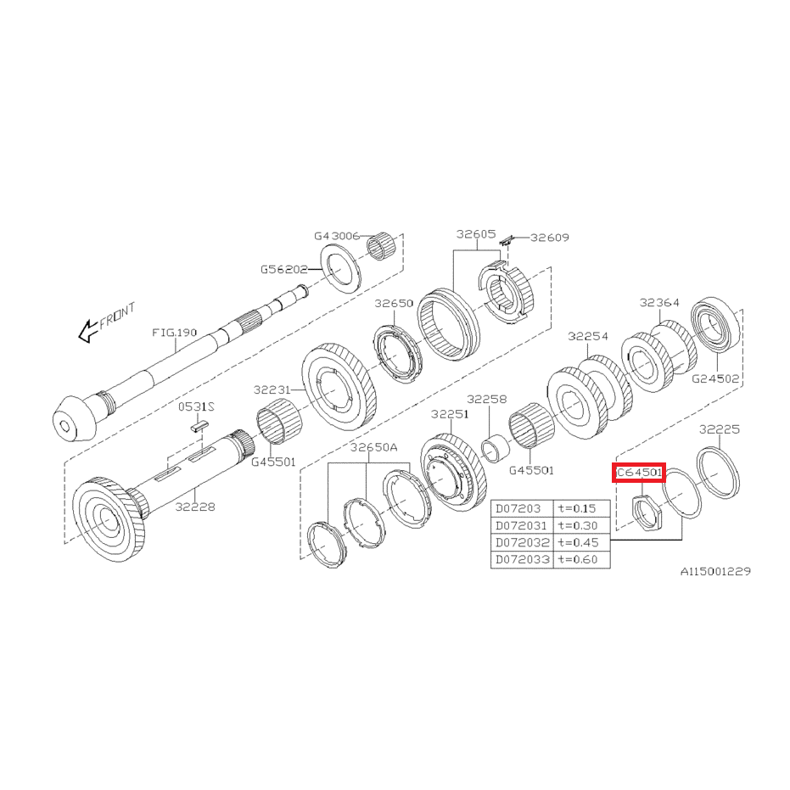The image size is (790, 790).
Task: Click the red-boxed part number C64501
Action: click(x=639, y=473)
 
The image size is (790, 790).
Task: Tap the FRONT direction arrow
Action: click(x=87, y=331)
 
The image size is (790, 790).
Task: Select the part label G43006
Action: click(x=337, y=236)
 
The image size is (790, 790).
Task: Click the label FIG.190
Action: click(x=174, y=333)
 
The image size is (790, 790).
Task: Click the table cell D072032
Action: click(x=523, y=542)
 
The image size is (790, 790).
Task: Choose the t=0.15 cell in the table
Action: click(x=581, y=508)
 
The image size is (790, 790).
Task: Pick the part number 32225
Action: click(x=720, y=429)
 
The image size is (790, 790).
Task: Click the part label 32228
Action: click(x=195, y=507)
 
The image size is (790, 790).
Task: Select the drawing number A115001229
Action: click(x=715, y=571)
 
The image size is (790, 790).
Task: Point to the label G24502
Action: click(x=715, y=378)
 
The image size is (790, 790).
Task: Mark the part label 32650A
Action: click(x=374, y=447)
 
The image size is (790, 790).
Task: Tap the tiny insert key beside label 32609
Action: click(x=507, y=240)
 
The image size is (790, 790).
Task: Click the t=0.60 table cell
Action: click(x=581, y=560)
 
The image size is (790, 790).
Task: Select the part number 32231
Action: click(x=272, y=389)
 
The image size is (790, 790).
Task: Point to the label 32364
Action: click(x=659, y=302)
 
